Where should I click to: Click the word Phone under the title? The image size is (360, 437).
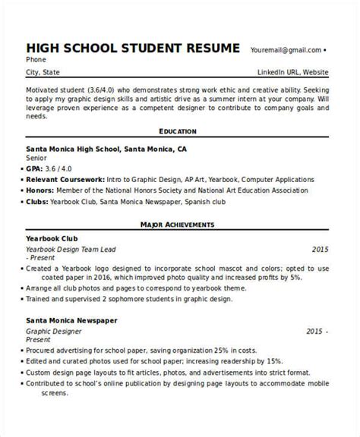35,60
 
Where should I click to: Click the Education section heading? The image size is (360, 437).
178,130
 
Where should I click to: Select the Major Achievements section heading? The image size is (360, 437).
178,225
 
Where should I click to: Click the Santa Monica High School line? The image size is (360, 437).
106,149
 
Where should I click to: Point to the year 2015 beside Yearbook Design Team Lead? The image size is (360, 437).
321,249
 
